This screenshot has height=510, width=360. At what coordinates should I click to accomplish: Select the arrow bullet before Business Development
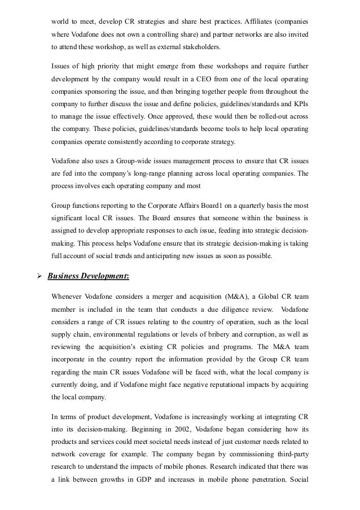38,277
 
